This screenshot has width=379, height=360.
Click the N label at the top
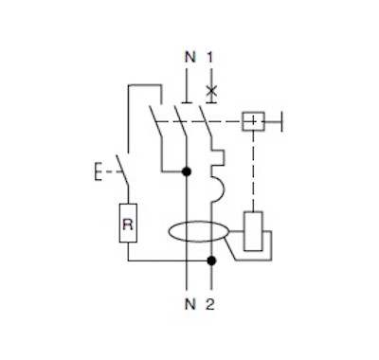(x=190, y=57)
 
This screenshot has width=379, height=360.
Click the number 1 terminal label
(x=210, y=57)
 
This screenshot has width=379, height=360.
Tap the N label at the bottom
(x=190, y=304)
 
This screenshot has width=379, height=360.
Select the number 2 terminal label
(x=210, y=304)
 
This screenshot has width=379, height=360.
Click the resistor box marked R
(x=128, y=224)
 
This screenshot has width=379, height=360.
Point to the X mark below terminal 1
(x=211, y=91)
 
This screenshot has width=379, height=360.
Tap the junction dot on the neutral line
(x=187, y=171)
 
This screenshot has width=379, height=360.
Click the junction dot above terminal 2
(x=211, y=261)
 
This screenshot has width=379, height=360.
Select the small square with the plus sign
(x=253, y=121)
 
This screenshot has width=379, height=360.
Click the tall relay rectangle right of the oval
(x=253, y=231)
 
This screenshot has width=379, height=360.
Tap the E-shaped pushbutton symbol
(x=98, y=172)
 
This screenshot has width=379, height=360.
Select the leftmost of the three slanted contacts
(x=155, y=121)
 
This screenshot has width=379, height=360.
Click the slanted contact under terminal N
(x=180, y=121)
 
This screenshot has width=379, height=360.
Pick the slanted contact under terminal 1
(x=205, y=121)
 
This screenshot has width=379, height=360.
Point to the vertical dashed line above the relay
(x=253, y=171)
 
